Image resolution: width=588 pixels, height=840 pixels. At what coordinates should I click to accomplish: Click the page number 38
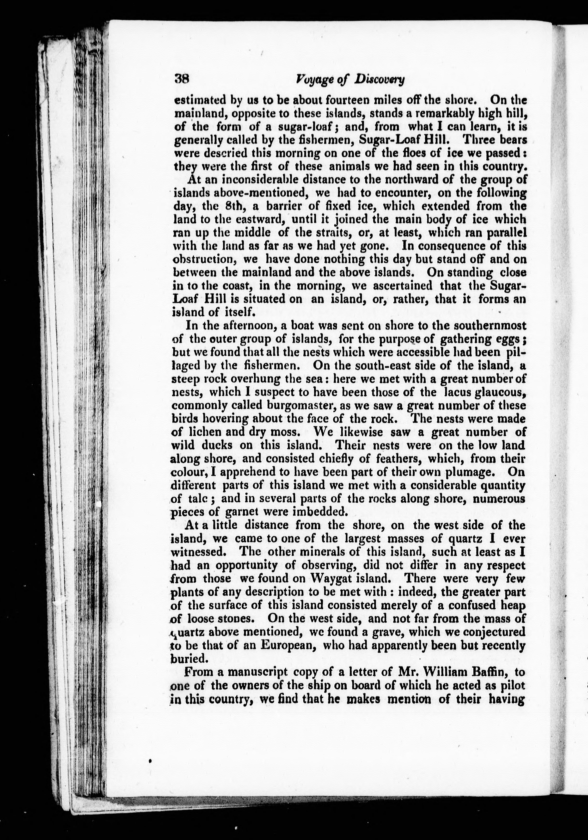point(181,79)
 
